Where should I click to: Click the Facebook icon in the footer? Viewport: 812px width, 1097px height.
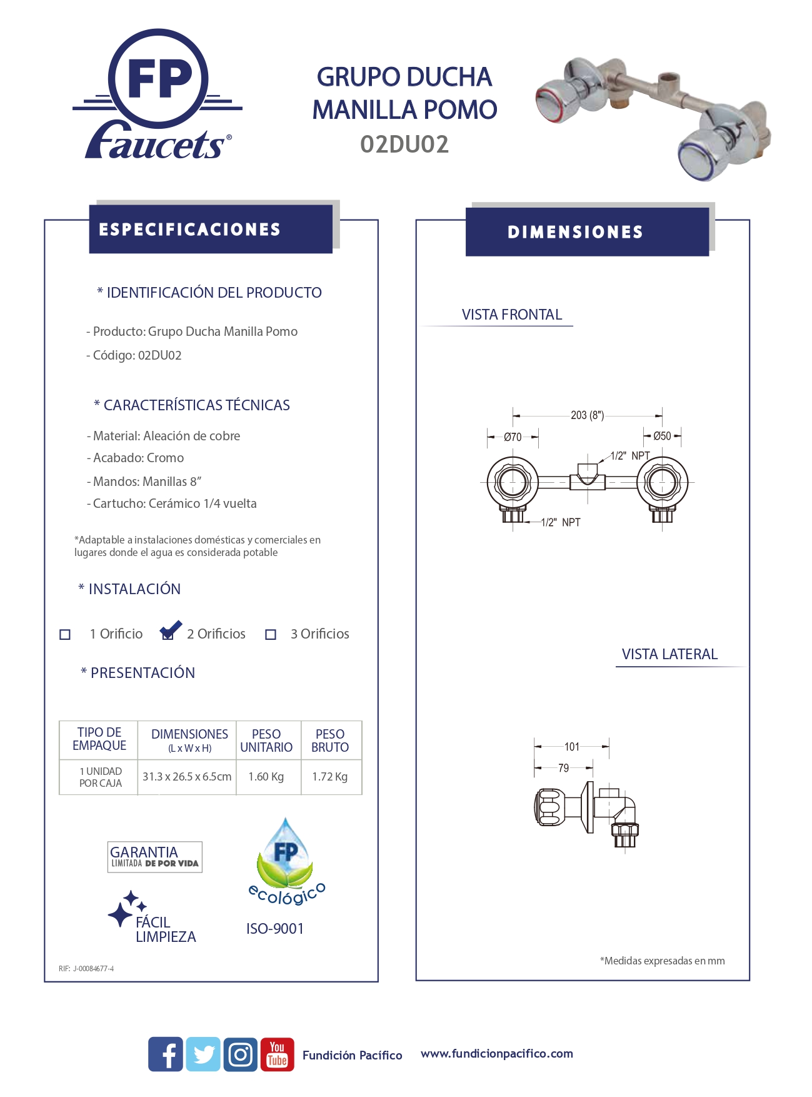166,1054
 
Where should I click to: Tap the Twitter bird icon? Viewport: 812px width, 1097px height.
203,1054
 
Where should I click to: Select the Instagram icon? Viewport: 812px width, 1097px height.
241,1054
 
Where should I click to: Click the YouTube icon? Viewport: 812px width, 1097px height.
277,1054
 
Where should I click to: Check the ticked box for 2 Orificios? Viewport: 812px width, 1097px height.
168,634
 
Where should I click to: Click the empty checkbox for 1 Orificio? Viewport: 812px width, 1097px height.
65,634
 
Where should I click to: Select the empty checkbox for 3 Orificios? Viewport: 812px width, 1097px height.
271,634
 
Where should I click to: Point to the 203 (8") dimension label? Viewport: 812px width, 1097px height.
587,415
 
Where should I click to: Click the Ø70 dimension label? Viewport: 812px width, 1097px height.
513,437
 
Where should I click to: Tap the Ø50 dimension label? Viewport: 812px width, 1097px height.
662,436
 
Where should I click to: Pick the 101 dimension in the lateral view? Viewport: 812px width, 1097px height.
572,746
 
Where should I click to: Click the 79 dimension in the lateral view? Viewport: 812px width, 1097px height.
563,767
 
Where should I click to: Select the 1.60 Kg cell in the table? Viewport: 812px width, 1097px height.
266,777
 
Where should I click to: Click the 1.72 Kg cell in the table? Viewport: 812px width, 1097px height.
330,777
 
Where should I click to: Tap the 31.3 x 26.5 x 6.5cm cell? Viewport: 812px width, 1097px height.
187,777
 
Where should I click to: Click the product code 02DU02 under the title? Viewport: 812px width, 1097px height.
404,144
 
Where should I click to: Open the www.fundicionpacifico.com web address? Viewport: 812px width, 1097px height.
497,1054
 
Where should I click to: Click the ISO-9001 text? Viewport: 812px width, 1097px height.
275,929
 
